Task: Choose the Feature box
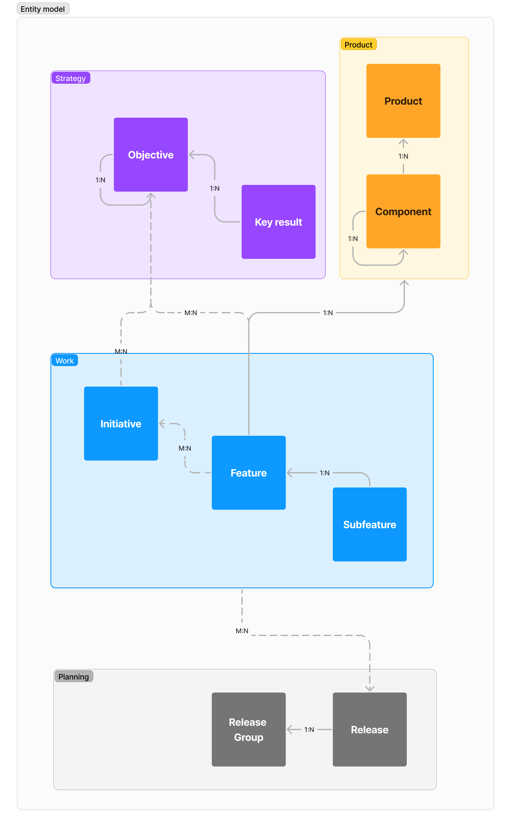click(x=249, y=473)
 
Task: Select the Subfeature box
click(x=370, y=524)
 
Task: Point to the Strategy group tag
click(x=71, y=78)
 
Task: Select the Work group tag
click(x=65, y=361)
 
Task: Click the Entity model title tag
click(x=43, y=9)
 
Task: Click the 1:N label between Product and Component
click(x=403, y=156)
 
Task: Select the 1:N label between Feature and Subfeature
click(x=324, y=473)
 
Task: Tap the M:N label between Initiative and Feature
click(x=185, y=448)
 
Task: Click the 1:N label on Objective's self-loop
click(x=100, y=180)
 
